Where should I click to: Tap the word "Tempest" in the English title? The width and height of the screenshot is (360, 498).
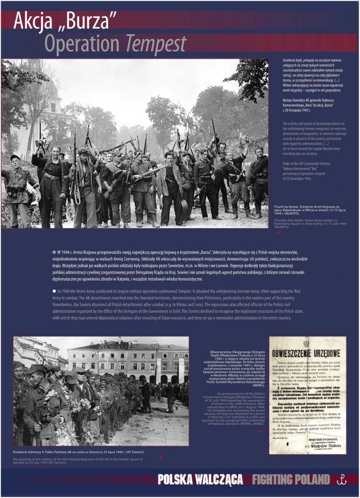(x=156, y=44)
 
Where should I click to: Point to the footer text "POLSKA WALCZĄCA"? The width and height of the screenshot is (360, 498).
(x=200, y=480)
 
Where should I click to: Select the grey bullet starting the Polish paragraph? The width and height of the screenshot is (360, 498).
(x=54, y=252)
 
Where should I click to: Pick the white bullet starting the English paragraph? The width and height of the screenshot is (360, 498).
(x=54, y=291)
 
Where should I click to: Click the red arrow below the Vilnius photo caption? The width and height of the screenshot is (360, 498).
(x=277, y=233)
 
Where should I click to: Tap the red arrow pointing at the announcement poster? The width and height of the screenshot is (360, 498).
(x=260, y=432)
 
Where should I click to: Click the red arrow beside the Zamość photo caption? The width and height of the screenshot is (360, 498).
(x=161, y=458)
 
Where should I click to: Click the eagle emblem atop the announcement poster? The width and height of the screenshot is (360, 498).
(x=306, y=343)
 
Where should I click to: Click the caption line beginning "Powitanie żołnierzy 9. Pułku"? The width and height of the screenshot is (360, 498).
(x=79, y=452)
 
